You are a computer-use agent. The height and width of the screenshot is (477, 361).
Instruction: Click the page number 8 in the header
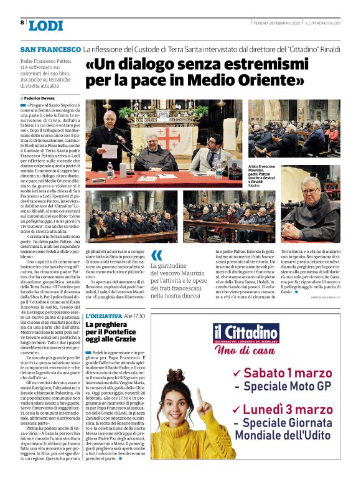coord(22,22)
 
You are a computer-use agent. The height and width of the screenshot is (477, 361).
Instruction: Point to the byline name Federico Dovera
coord(39,98)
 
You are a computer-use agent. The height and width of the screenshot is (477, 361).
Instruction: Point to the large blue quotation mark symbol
coord(157,254)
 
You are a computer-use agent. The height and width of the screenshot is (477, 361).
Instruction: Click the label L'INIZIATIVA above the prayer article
coord(103,316)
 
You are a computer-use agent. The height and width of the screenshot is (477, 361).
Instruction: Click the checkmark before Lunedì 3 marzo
coord(237,409)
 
